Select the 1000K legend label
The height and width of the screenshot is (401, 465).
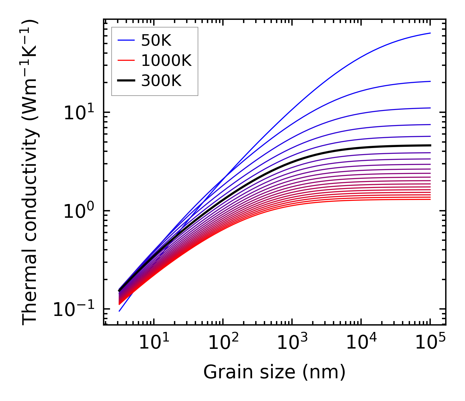pos(166,60)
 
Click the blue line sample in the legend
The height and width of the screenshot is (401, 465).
pos(127,40)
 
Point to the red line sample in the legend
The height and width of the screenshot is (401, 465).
pos(127,60)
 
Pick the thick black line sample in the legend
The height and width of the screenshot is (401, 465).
pos(127,81)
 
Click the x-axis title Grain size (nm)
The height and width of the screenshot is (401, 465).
pos(274,372)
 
